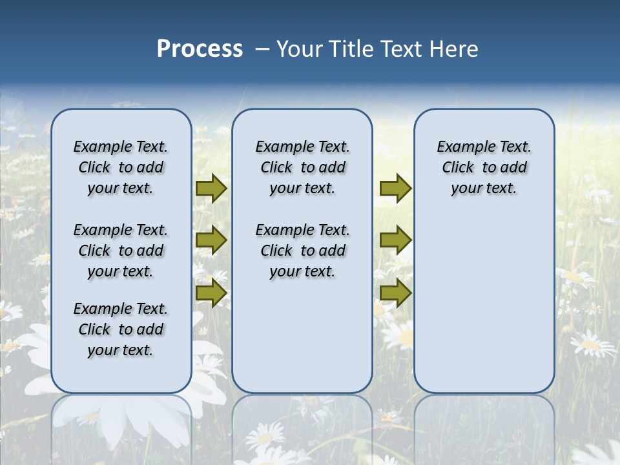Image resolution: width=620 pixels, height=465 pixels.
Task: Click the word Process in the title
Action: click(200, 49)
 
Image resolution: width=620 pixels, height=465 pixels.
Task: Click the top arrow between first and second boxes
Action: click(211, 189)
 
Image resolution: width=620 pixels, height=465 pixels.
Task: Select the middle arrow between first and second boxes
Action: click(211, 240)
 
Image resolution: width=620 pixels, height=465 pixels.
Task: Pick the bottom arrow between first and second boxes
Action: click(211, 293)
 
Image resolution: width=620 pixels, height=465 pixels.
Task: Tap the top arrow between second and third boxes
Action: click(395, 189)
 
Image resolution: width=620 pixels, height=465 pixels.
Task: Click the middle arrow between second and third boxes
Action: click(395, 240)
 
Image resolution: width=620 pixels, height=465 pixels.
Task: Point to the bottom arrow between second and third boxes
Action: click(395, 293)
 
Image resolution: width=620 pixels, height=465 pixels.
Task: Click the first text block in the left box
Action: click(121, 167)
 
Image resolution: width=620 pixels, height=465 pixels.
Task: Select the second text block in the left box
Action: click(121, 251)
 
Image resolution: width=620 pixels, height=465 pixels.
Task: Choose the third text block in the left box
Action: click(121, 329)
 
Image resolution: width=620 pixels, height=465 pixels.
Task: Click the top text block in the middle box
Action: click(302, 167)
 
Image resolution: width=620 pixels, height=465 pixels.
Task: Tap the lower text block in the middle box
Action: click(302, 251)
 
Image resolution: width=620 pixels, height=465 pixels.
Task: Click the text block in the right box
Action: click(484, 167)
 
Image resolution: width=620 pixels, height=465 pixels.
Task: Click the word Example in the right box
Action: click(462, 147)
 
